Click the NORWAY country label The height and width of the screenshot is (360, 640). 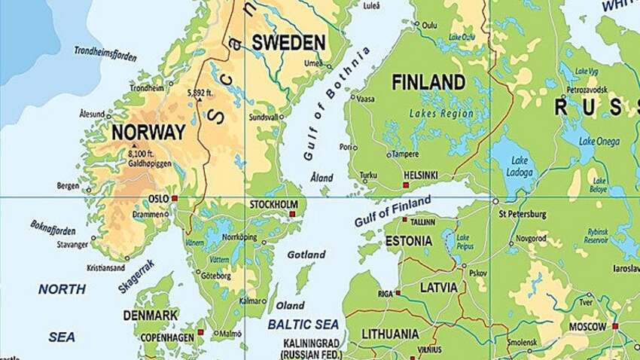click(x=148, y=133)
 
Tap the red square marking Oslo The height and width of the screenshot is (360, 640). click(x=175, y=198)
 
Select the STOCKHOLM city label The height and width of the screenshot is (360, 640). click(x=274, y=204)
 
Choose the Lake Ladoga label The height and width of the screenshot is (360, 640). click(x=520, y=167)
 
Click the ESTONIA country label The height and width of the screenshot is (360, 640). click(x=409, y=241)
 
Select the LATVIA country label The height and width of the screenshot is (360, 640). click(x=438, y=288)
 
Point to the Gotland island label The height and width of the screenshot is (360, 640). click(x=306, y=255)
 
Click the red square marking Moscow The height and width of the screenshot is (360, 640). click(x=615, y=326)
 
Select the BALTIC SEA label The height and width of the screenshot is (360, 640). click(x=303, y=325)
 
